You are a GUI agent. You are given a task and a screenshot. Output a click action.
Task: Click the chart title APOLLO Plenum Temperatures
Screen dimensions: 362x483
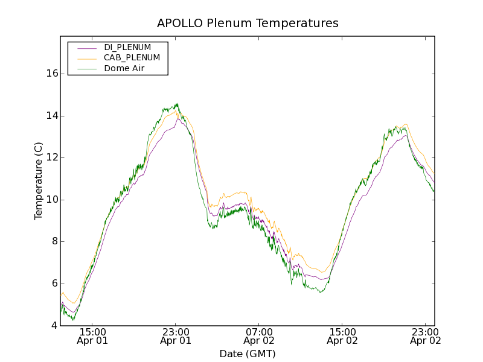click(248, 24)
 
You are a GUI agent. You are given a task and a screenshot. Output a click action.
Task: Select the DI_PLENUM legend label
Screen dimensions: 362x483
click(127, 47)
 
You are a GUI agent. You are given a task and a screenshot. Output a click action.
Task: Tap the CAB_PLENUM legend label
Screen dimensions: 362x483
click(132, 58)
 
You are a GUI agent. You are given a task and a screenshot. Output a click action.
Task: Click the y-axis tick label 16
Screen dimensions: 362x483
click(52, 74)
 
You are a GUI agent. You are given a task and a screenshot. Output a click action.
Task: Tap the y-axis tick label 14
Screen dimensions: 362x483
click(52, 116)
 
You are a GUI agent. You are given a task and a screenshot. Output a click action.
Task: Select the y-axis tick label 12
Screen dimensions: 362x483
click(52, 157)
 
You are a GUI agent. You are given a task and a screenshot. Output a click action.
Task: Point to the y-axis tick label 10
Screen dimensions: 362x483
click(52, 200)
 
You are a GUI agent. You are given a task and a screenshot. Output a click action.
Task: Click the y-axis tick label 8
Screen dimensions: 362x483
click(54, 241)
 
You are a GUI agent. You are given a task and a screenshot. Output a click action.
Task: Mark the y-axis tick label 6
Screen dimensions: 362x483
click(54, 284)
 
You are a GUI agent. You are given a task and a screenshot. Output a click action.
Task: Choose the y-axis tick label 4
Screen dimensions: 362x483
click(54, 326)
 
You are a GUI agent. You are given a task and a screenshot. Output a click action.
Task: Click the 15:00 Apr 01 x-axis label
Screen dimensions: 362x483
click(92, 336)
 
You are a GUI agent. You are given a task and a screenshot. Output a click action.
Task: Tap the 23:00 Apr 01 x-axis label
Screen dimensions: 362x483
click(176, 336)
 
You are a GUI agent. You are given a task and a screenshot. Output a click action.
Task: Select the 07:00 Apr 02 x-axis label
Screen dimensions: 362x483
click(259, 336)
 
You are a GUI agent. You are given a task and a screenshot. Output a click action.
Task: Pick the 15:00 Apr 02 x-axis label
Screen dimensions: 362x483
click(342, 336)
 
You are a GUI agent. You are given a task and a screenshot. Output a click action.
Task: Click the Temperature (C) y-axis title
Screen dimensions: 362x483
click(39, 181)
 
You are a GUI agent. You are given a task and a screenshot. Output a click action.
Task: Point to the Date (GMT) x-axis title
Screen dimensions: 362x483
click(248, 354)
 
